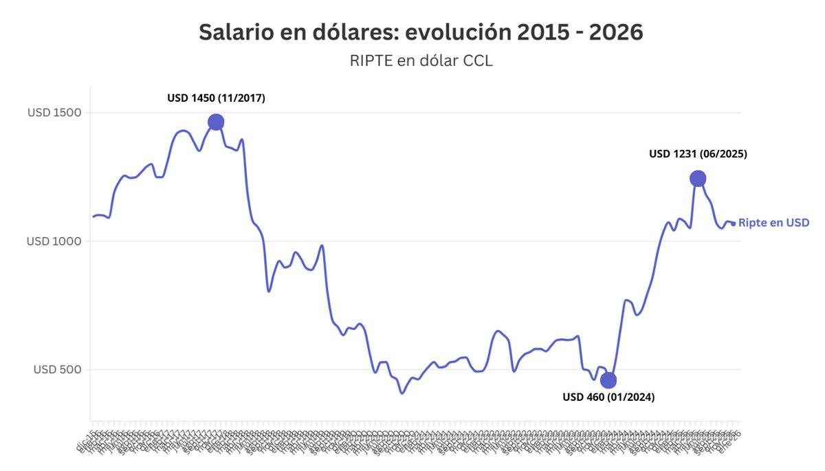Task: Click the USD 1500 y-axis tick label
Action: coord(54,113)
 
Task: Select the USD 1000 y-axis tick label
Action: coord(54,241)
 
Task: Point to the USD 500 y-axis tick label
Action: coord(57,370)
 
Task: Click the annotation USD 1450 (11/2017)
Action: coord(216,98)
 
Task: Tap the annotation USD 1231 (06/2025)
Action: coord(698,155)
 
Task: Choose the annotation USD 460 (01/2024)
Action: coord(608,397)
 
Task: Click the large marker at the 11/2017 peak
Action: coord(216,122)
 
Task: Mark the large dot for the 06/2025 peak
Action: coord(698,179)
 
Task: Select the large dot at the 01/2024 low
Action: coord(608,380)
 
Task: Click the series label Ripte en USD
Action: coord(773,223)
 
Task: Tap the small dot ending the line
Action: coord(733,223)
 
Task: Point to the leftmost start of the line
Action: coord(93,217)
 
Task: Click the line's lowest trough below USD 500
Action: coord(402,393)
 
